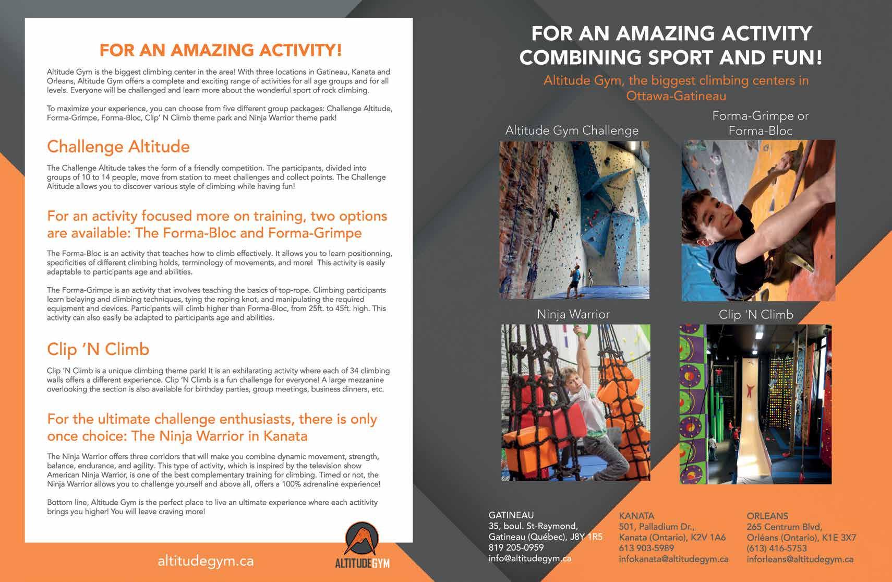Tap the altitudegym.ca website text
206,561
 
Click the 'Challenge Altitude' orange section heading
118,147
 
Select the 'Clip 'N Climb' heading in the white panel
98,349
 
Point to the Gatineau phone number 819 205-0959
516,548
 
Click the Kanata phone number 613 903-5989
646,548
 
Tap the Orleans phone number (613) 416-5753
777,548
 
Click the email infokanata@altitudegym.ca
673,559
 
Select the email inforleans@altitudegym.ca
800,559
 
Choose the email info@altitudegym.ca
529,559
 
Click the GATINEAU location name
511,515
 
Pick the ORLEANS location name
767,516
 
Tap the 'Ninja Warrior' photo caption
573,314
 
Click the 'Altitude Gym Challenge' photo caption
572,130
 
